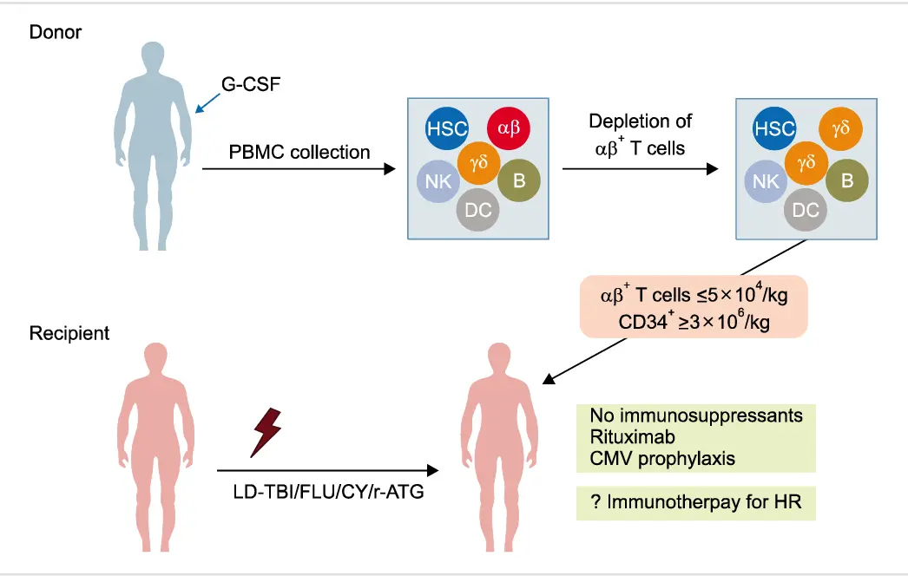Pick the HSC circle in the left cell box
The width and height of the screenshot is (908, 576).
click(446, 129)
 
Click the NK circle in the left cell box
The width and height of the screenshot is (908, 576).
click(437, 181)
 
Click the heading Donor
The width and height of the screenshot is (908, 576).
click(56, 32)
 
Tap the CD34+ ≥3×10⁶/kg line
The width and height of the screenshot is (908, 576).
click(694, 320)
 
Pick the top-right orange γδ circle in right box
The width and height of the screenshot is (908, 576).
click(840, 129)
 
